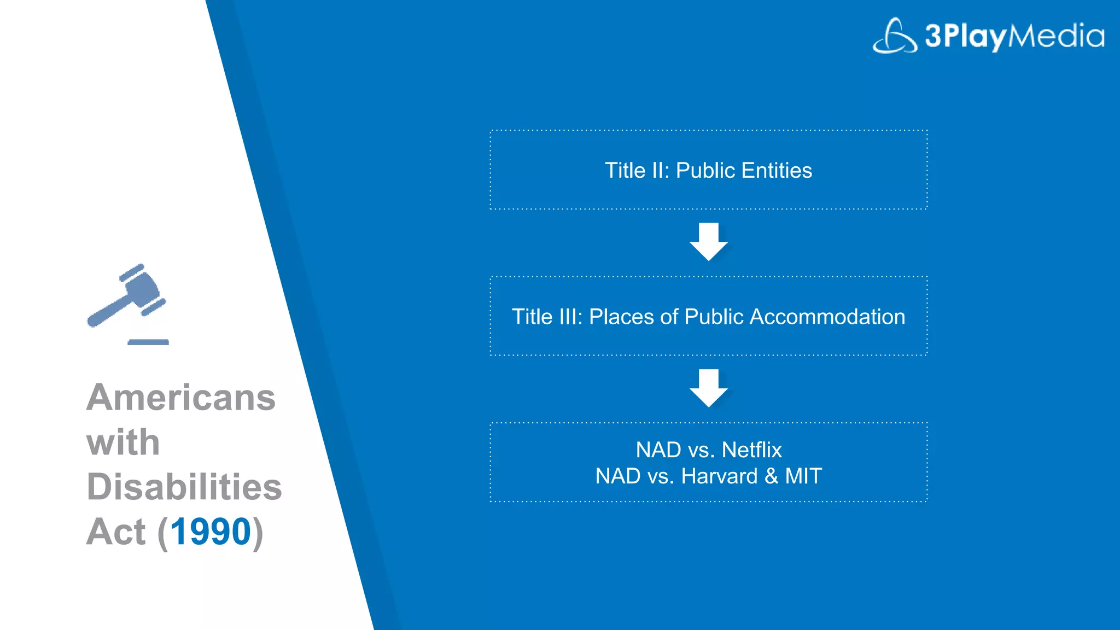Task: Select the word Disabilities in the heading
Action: point(184,487)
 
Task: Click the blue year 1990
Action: point(211,532)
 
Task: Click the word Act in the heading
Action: point(116,532)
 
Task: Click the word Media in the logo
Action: point(1056,36)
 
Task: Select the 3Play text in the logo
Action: point(965,36)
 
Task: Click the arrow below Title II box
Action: point(708,241)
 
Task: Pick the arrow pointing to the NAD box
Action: point(708,388)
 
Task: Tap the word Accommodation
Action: point(827,317)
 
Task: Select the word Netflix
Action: point(751,450)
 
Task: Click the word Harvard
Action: point(719,476)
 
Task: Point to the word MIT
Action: point(803,476)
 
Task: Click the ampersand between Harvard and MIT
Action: point(771,476)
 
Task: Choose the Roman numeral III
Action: point(562,317)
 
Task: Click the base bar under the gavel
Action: point(148,342)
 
